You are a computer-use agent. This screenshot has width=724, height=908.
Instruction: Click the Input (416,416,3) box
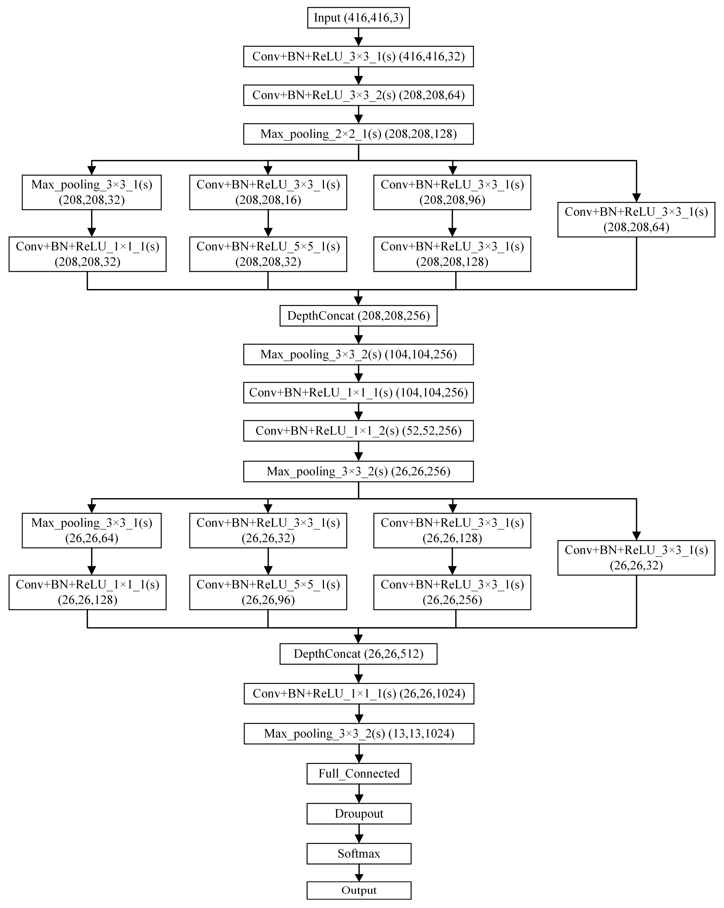tap(358, 18)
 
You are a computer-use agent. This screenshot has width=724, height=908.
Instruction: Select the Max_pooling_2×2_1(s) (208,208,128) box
tap(358, 134)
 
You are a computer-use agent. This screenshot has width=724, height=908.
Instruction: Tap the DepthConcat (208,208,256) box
tap(358, 316)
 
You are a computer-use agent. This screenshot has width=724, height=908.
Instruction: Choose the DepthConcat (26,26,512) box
tap(358, 654)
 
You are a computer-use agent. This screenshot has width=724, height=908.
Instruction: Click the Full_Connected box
tap(359, 774)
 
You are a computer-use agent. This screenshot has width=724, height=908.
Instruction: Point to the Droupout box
tap(359, 814)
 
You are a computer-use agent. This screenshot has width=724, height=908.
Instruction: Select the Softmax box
tap(359, 854)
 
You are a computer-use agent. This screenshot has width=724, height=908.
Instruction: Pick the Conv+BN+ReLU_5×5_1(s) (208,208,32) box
tap(268, 254)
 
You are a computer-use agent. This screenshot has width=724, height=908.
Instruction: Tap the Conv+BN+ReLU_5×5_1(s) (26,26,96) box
tap(268, 592)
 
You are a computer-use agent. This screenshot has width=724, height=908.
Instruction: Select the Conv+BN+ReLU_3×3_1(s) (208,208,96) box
tap(452, 192)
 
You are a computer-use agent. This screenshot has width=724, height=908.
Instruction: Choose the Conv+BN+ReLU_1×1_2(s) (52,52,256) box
tap(358, 431)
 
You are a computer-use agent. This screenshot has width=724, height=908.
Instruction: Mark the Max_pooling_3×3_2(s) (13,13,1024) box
tap(359, 734)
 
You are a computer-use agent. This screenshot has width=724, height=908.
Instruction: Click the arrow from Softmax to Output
tap(359, 873)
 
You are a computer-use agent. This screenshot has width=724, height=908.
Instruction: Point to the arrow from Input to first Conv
tap(358, 37)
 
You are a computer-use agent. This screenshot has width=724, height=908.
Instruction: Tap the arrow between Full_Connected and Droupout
tap(359, 793)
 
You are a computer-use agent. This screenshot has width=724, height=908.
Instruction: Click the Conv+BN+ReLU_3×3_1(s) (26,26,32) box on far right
tap(636, 558)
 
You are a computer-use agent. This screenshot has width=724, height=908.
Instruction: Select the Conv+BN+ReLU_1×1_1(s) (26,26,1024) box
tap(359, 694)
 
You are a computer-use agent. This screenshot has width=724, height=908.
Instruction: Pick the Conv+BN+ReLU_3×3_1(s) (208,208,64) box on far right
tap(636, 219)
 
